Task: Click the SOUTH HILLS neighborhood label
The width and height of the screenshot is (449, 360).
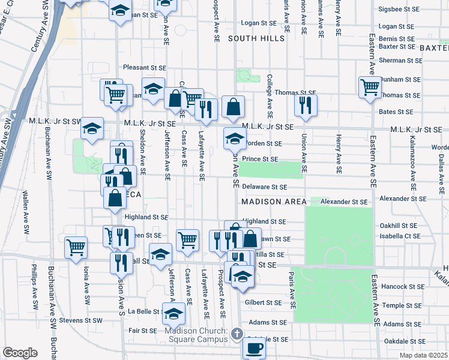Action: pos(256,38)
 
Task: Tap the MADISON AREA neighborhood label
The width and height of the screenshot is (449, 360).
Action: pos(274,202)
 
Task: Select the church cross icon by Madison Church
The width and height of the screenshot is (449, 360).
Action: pos(237,333)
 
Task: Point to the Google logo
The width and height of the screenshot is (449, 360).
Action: pos(20,353)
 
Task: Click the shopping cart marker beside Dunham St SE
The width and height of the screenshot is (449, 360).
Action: pos(370,86)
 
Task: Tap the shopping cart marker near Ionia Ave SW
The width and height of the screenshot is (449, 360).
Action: pos(76,247)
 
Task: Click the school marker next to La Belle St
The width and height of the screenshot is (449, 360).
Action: pos(173,313)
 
